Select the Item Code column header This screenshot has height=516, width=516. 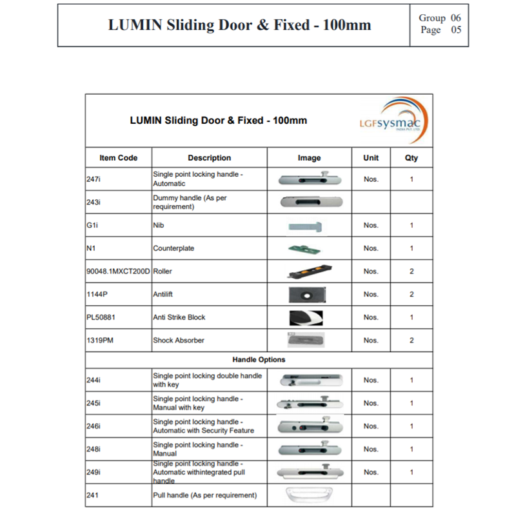(118, 157)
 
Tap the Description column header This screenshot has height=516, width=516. (209, 157)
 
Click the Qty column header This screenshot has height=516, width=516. (411, 157)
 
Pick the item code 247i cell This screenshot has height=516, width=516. (93, 179)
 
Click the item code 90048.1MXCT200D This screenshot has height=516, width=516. (118, 272)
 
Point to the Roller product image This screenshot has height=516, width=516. (309, 272)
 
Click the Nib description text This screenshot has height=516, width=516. (159, 226)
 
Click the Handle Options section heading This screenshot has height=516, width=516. (259, 359)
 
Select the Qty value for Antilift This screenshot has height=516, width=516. (412, 294)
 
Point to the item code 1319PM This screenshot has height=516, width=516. (100, 340)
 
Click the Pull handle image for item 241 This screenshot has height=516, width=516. (309, 495)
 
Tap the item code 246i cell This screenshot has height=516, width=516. (93, 426)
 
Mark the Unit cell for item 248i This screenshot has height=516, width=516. (371, 450)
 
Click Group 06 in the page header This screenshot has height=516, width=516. (440, 18)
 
